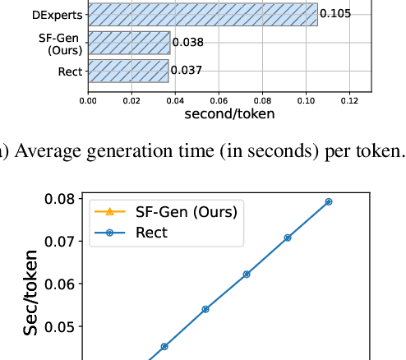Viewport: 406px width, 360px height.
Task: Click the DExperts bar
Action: [201, 14]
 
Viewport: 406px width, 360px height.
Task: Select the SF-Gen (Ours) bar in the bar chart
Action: [129, 43]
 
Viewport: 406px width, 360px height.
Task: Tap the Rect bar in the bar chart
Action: [128, 71]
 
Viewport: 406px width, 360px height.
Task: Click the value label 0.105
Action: [334, 14]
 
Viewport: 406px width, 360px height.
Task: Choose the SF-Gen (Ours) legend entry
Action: [186, 211]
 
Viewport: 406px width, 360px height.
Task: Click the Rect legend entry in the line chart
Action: [151, 233]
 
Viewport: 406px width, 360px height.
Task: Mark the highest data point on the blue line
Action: [328, 201]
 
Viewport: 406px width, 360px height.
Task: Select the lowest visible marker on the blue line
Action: [164, 346]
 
